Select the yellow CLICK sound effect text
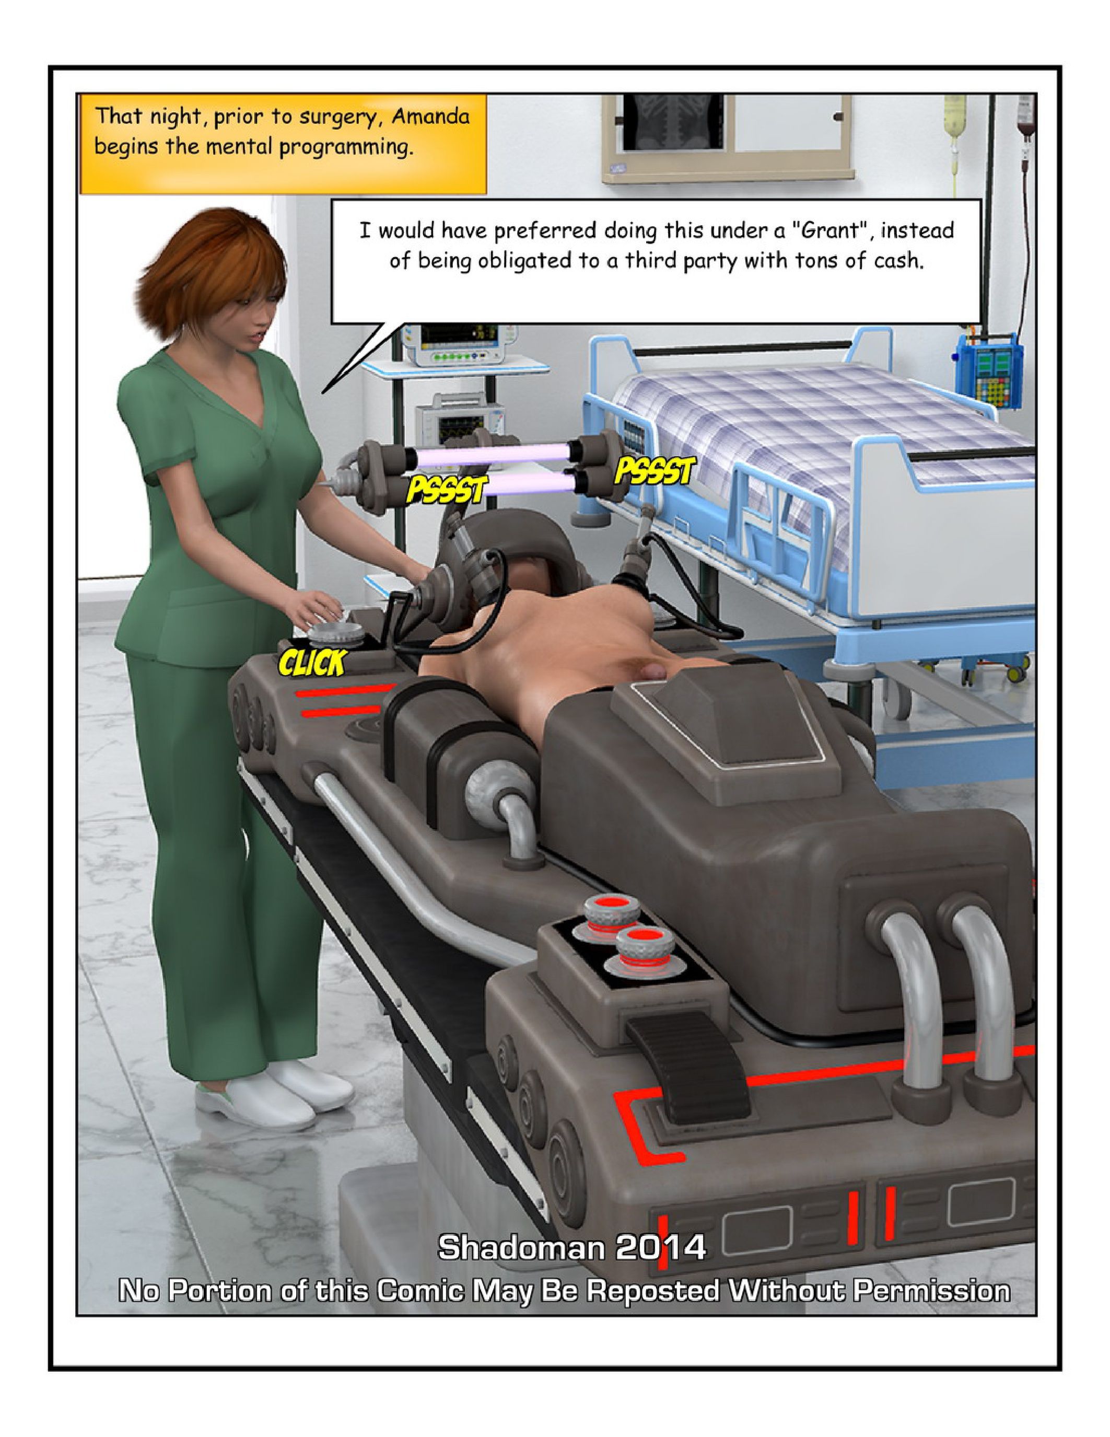click(312, 663)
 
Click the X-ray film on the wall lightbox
click(673, 122)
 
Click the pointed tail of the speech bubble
click(322, 393)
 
